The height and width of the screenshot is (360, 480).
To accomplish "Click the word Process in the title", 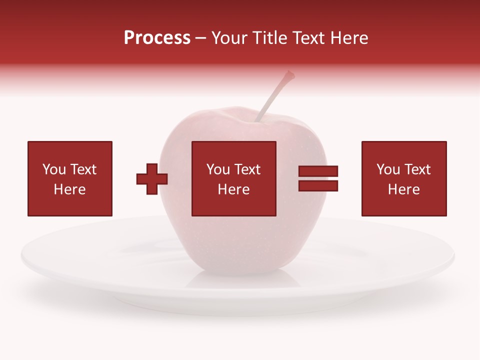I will pyautogui.click(x=157, y=38).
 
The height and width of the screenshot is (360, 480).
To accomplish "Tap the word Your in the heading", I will pyautogui.click(x=229, y=38).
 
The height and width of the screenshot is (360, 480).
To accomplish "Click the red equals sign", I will pyautogui.click(x=318, y=178).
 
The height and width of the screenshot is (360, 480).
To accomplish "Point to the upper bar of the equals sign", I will pyautogui.click(x=318, y=171).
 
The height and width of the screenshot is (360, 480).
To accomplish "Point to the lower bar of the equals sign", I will pyautogui.click(x=318, y=186).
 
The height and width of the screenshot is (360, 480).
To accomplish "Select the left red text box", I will pyautogui.click(x=69, y=178).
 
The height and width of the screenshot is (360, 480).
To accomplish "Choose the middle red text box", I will pyautogui.click(x=233, y=178).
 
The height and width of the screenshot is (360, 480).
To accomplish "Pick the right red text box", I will pyautogui.click(x=403, y=178).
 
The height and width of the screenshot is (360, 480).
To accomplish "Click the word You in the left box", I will pyautogui.click(x=54, y=169).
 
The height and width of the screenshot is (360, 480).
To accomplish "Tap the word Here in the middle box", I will pyautogui.click(x=233, y=189).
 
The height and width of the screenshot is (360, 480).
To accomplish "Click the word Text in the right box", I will pyautogui.click(x=417, y=169).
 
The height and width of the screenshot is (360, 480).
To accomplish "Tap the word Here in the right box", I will pyautogui.click(x=403, y=189).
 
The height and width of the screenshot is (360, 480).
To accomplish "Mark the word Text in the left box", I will pyautogui.click(x=83, y=169).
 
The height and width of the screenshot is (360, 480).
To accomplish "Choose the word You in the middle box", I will pyautogui.click(x=218, y=169).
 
